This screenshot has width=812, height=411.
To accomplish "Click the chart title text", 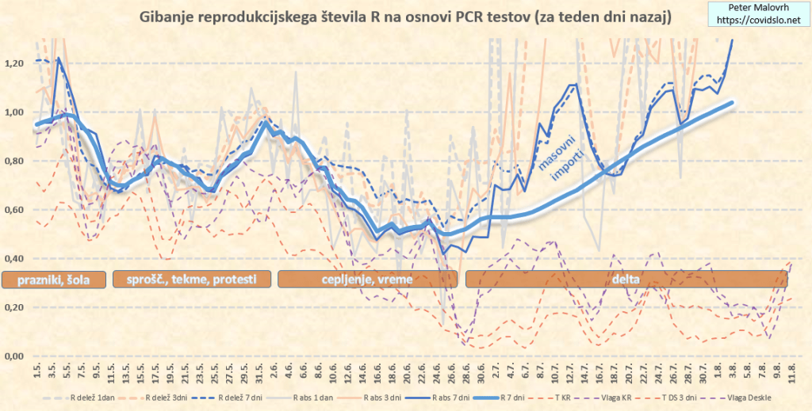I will tap(405, 16).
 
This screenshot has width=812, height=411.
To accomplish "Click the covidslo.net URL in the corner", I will tap(756, 17).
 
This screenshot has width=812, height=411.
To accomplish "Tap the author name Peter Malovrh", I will tap(756, 6).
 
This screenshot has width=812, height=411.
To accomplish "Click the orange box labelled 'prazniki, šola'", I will tap(53, 279).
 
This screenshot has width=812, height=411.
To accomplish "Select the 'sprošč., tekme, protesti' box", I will tap(192, 279).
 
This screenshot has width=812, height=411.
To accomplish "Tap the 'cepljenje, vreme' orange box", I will tap(366, 279).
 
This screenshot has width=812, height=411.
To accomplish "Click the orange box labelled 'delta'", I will tap(623, 279).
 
